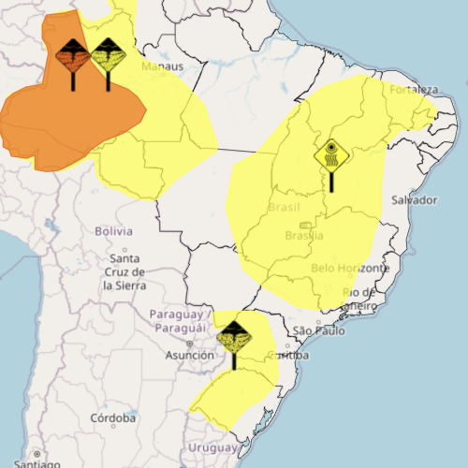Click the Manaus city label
pos(162,67)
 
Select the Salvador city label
pos(415,200)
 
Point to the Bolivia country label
pos(114,230)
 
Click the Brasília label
pos(304,236)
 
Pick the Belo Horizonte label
pos(349,269)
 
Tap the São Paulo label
pos(318,331)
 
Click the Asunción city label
pos(190,356)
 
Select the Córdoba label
pos(112,418)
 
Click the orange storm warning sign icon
pos(73,58)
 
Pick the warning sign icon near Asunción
pos(233,337)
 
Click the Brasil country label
pos(285,207)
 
